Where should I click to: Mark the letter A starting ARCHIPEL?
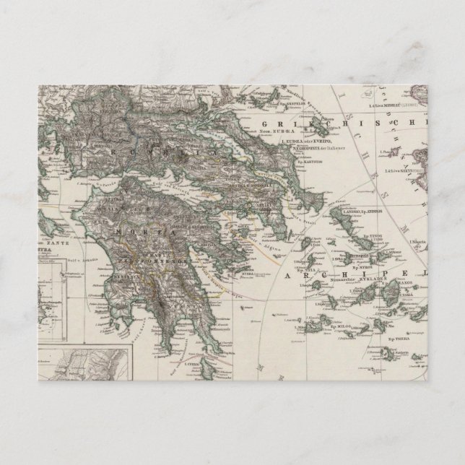[310, 277]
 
